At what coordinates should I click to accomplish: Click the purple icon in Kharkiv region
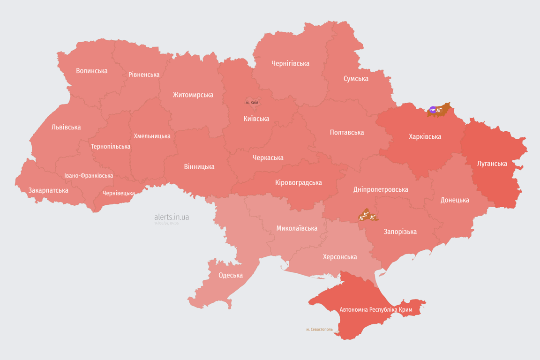tap(433, 110)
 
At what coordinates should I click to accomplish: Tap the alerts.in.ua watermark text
tap(172, 217)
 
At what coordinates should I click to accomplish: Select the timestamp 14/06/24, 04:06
tap(166, 224)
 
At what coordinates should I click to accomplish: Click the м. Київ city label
tap(252, 102)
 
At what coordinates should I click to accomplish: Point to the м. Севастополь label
tap(319, 330)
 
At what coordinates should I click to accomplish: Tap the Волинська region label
tap(92, 71)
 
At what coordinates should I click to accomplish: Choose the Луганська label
tap(492, 164)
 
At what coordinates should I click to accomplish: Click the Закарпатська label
tap(48, 190)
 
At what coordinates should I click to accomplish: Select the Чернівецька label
tap(119, 193)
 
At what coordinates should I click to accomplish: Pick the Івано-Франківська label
tap(89, 176)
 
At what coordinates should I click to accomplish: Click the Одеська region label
tap(231, 275)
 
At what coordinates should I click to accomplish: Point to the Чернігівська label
tap(290, 63)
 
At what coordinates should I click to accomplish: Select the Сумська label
tap(356, 79)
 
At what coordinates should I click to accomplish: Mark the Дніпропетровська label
tap(380, 189)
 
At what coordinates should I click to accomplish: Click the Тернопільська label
tap(111, 147)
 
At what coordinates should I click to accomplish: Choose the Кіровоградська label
tap(298, 182)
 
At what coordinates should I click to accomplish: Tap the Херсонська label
tap(340, 257)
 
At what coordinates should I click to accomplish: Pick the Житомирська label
tap(193, 95)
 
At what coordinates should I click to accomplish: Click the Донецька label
tap(455, 200)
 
